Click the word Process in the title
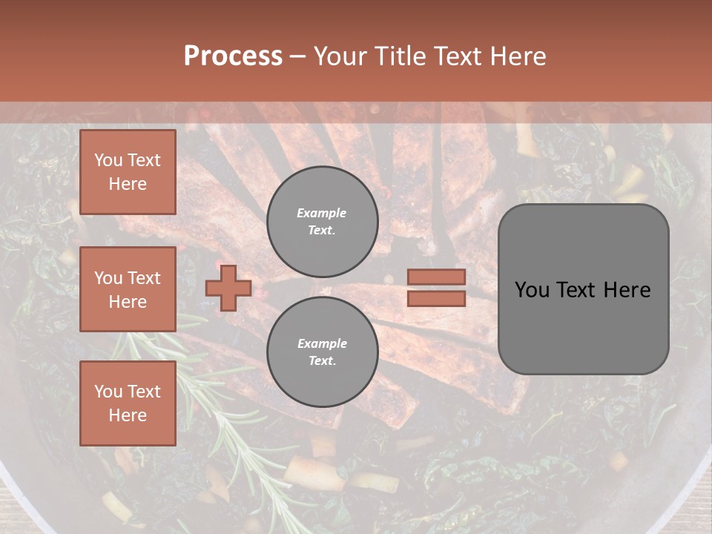pos(233,56)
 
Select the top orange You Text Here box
pos(128,172)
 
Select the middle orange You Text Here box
pos(128,289)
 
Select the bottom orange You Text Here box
pos(128,403)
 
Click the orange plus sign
pos(228,289)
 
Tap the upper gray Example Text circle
pos(322,221)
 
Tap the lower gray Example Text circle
pos(322,352)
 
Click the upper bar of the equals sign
pos(436,277)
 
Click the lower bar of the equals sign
pos(436,298)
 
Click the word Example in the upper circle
pos(322,213)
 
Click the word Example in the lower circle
pos(322,343)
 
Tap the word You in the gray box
pos(532,290)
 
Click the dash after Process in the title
pos(297,56)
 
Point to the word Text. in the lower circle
pos(322,361)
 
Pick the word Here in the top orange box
pos(128,184)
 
